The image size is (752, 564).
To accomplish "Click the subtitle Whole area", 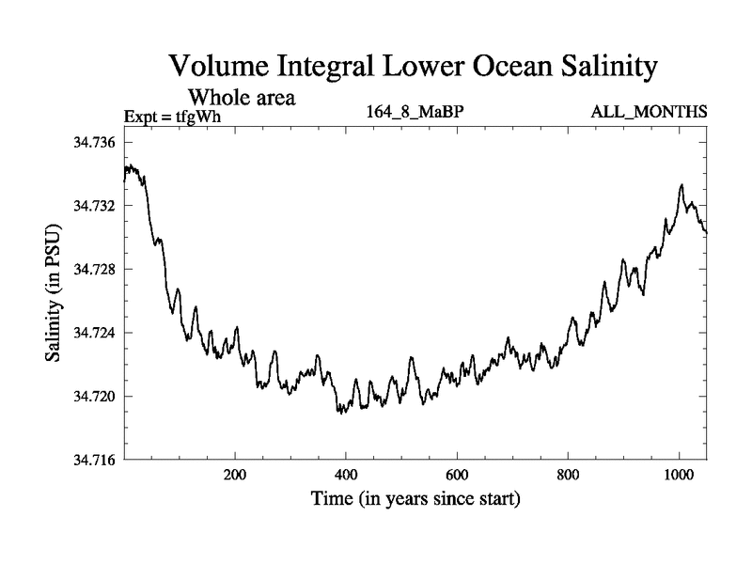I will (x=243, y=97).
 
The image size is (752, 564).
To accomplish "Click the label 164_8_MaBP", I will (x=415, y=113).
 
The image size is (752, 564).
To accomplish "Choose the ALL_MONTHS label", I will (x=649, y=113).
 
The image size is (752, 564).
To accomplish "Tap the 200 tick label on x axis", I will (x=235, y=476).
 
